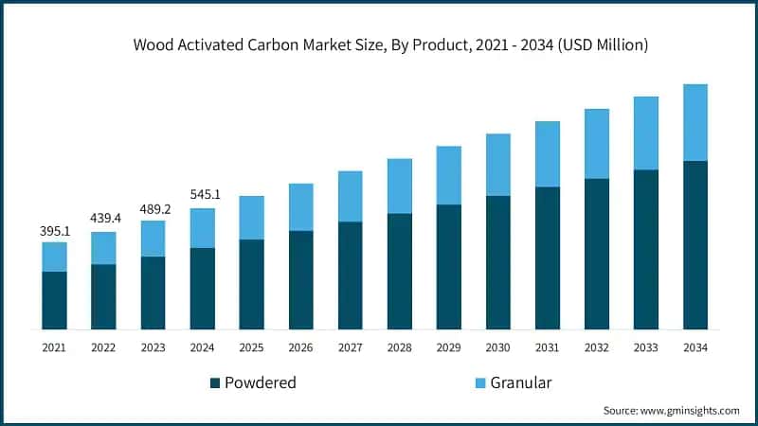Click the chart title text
coord(378,44)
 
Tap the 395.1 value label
coord(54,231)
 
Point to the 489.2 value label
coord(153,209)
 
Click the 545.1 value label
coord(202,196)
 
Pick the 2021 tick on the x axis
coord(54,347)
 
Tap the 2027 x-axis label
coord(350,347)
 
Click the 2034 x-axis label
coord(695,347)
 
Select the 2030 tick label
coord(498,347)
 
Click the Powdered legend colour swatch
coord(216,383)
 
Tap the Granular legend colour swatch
coord(480,383)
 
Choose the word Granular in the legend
coord(521,383)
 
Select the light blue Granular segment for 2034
coord(695,122)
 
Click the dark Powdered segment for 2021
coord(54,300)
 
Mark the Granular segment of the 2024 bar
coord(202,228)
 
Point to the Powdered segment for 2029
coord(448,267)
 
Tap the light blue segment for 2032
coord(597,144)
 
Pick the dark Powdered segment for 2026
coord(300,280)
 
